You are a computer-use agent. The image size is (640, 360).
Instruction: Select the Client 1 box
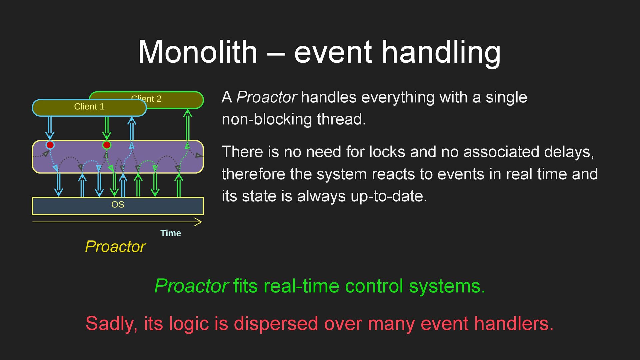89,108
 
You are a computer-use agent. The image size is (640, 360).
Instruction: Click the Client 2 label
146,99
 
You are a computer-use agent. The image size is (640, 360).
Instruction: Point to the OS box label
118,205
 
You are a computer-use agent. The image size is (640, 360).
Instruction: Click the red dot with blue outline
50,145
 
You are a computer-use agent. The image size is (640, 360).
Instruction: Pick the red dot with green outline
107,145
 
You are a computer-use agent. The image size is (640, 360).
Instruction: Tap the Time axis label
171,233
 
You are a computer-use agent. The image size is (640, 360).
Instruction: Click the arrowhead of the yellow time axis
201,222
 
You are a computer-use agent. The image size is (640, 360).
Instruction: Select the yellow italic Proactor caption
115,247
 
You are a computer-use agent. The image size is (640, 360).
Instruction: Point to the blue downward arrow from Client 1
50,128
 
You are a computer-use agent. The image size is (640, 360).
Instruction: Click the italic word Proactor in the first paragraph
266,97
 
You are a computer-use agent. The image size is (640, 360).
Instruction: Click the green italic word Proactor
191,286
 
